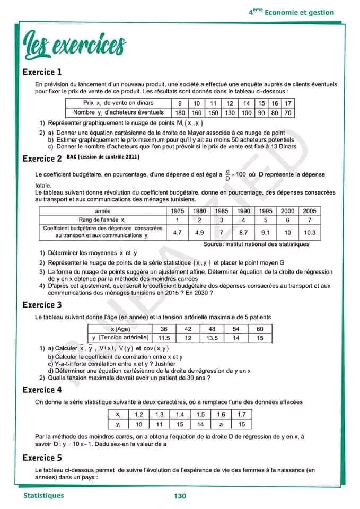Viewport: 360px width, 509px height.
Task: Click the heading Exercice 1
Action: point(42,72)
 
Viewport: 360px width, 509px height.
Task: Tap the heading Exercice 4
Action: point(42,390)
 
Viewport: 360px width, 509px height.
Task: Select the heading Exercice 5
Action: point(42,458)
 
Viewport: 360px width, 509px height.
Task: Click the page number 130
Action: point(180,496)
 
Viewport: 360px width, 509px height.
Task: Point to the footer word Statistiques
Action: point(43,496)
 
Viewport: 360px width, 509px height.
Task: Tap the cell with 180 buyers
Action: point(180,113)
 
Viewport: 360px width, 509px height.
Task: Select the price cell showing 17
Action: point(288,103)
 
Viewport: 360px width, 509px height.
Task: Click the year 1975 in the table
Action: point(178,210)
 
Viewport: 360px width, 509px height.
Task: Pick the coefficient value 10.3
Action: point(310,232)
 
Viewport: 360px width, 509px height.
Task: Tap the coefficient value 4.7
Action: point(178,232)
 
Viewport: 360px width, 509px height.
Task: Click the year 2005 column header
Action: point(310,210)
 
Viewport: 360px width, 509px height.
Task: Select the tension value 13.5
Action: point(212,338)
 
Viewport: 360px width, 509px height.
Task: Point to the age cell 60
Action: point(260,329)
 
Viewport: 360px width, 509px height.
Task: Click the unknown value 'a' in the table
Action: point(221,425)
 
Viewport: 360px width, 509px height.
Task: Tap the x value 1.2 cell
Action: point(139,415)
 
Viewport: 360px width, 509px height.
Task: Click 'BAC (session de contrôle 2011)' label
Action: point(103,157)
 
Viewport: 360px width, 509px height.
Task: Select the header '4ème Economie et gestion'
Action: point(292,12)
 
